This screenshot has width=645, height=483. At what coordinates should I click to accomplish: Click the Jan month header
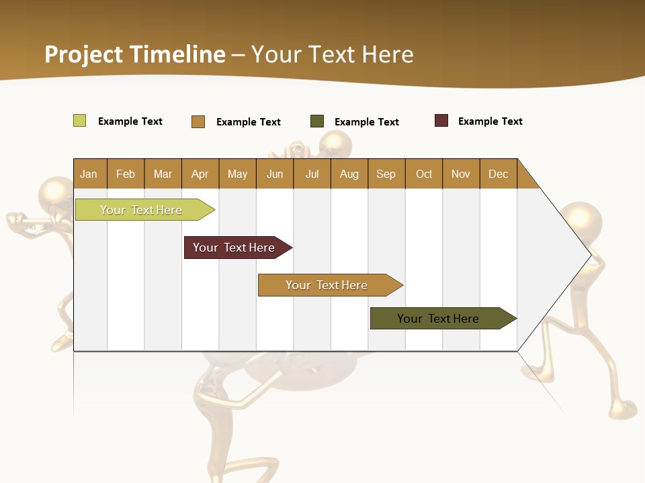point(89,174)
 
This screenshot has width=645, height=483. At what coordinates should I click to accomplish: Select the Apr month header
point(200,174)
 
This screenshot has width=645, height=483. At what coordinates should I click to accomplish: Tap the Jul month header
point(312,174)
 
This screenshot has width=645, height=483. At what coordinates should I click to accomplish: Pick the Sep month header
point(386,174)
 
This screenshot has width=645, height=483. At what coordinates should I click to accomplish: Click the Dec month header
point(498,174)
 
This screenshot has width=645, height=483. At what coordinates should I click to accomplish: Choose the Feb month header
point(126,174)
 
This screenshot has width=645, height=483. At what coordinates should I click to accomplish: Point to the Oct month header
point(424,174)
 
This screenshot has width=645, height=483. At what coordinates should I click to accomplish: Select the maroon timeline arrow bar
point(236,248)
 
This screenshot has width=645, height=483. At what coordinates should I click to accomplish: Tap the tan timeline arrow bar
point(328,285)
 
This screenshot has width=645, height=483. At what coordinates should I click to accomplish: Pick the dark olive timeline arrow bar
point(441,319)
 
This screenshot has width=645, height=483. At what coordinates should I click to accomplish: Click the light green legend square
point(79,121)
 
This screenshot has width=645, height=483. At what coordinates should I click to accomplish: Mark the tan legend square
point(198,121)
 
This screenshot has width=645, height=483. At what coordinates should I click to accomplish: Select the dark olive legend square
point(317,121)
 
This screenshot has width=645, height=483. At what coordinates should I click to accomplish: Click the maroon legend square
point(441,121)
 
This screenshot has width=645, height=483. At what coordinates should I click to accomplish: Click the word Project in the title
point(84,54)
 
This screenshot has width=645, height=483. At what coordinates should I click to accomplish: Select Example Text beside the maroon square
point(490,121)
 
